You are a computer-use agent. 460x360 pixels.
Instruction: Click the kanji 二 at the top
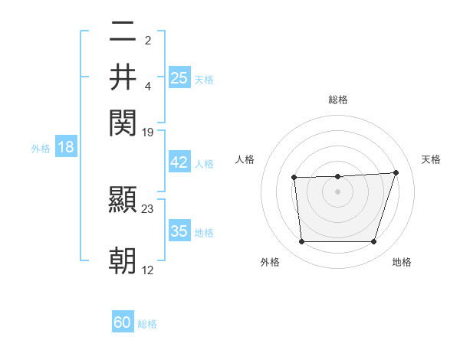(123, 33)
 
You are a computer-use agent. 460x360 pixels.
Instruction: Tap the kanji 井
(123, 77)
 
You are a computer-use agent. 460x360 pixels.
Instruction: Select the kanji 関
(123, 122)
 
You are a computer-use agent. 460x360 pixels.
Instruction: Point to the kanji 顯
(123, 201)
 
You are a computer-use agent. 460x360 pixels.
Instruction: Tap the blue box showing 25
(179, 77)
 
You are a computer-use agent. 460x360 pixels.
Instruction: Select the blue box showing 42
(179, 162)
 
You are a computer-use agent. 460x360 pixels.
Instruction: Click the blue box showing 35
(179, 231)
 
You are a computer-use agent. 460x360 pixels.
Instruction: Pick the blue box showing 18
(66, 147)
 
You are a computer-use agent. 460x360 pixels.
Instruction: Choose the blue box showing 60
(123, 322)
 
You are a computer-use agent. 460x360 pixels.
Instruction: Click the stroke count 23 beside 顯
(148, 208)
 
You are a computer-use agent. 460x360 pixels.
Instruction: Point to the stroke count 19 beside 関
(148, 132)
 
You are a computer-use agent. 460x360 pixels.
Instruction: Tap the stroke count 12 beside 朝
(148, 270)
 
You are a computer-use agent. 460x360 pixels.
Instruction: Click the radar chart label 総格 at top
(338, 100)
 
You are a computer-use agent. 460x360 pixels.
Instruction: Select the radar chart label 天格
(431, 159)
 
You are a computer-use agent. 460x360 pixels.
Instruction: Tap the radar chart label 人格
(245, 159)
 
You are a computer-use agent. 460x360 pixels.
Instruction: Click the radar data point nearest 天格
(396, 172)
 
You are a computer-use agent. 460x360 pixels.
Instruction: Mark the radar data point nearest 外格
(302, 242)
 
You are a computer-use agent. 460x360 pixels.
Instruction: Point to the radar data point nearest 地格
(373, 242)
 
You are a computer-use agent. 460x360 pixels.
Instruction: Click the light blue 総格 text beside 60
(147, 324)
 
